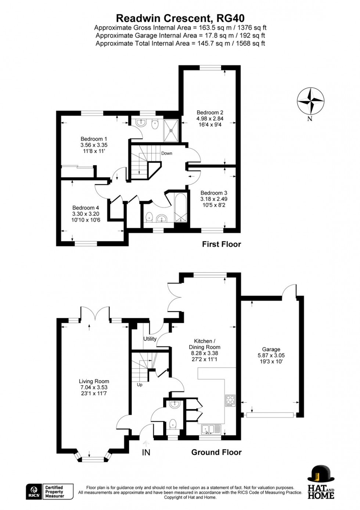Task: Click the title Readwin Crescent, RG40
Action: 180,18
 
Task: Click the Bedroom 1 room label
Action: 94,139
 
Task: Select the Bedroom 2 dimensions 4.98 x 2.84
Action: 210,118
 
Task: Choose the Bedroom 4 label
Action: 86,208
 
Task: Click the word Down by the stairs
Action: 166,153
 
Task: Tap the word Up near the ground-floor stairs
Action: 140,385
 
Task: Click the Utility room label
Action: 150,339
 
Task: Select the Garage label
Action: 271,349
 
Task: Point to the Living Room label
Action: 94,381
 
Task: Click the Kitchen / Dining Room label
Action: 205,344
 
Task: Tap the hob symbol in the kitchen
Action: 230,400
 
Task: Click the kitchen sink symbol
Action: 211,429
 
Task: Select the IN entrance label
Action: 146,453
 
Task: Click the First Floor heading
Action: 221,244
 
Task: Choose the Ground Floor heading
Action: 216,452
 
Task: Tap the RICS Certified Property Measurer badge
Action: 50,492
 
